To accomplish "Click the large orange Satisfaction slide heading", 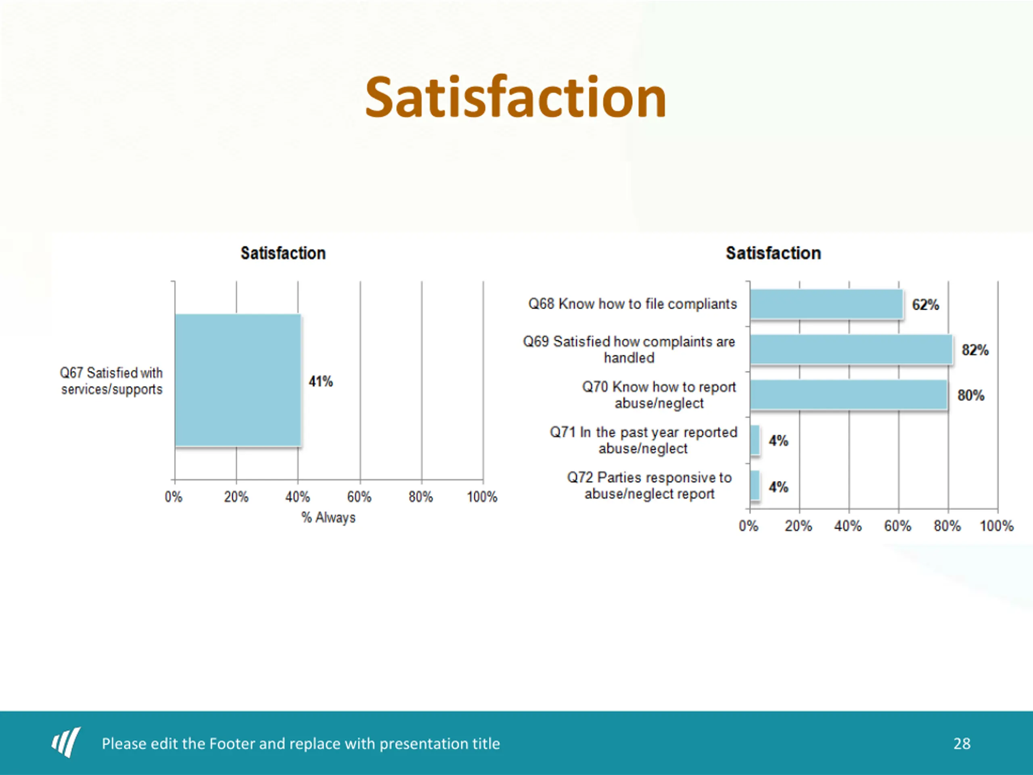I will click(515, 98).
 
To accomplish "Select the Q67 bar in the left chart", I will click(238, 380).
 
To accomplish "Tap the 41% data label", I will click(320, 382).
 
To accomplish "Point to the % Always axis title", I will click(328, 517).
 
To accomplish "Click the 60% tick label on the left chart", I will click(359, 497).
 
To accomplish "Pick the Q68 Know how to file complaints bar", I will click(826, 304).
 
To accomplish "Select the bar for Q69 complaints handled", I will click(851, 350).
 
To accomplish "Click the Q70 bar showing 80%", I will click(849, 395).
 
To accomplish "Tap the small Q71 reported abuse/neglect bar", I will click(755, 440).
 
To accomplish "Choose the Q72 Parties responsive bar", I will click(755, 485).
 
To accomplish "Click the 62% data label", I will click(925, 305).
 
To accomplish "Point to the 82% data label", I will click(974, 350).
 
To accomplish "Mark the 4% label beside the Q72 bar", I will click(778, 487).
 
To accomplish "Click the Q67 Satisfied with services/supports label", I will click(111, 381).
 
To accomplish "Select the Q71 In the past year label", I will click(643, 440).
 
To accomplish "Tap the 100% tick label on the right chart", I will click(996, 526).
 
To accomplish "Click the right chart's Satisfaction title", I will click(773, 253).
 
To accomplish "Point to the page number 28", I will click(962, 744).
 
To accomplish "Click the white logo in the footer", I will click(66, 742).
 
